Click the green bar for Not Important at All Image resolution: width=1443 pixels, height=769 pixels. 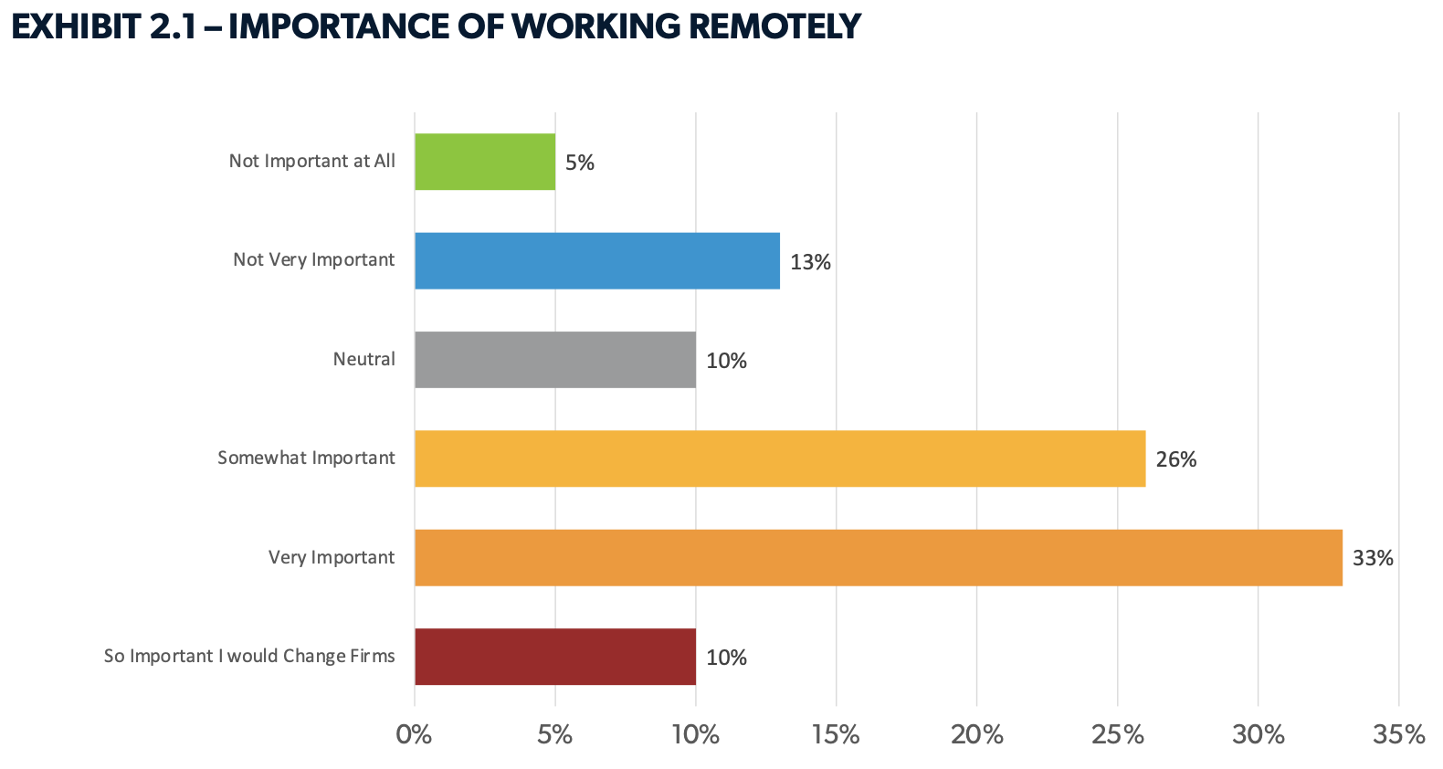pos(485,162)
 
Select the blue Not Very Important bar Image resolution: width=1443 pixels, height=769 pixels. pos(597,261)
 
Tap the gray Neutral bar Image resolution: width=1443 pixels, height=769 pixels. pos(555,360)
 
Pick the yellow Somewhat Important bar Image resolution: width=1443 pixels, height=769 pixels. pos(780,458)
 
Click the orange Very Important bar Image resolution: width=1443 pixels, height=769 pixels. pos(879,557)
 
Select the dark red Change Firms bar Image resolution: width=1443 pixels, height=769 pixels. pos(555,657)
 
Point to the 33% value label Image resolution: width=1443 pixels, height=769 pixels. pos(1373,558)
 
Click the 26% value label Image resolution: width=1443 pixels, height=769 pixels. pos(1176,459)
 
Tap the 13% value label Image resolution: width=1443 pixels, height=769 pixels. pos(810,262)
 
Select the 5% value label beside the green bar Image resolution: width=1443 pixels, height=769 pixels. pos(580,163)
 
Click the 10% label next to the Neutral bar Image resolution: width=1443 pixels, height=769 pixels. pos(726,361)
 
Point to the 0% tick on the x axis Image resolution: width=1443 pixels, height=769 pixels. pos(414,734)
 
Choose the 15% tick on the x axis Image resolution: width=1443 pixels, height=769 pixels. pos(836,734)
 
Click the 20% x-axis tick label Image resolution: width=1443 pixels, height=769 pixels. pos(977,734)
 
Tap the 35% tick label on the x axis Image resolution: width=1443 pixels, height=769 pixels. pos(1398,734)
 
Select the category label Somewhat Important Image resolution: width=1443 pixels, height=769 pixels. pos(306,458)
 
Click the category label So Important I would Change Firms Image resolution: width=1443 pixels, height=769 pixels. pos(249,656)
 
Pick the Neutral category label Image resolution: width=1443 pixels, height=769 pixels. pos(363,359)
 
